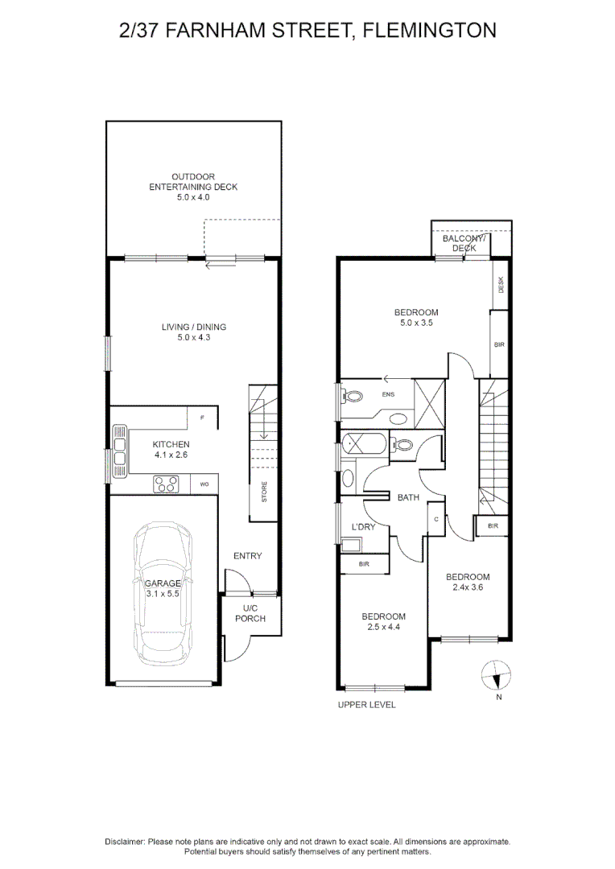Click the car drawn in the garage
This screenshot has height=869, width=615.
(x=163, y=588)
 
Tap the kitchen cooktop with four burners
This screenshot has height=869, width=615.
(x=166, y=484)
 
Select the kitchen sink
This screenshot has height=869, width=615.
(x=119, y=451)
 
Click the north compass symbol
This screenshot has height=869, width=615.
(x=495, y=676)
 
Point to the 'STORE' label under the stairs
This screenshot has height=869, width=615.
(x=264, y=492)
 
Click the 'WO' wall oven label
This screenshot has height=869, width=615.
(x=204, y=484)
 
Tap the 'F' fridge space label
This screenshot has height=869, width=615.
(x=202, y=418)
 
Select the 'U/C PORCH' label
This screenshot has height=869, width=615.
(x=250, y=613)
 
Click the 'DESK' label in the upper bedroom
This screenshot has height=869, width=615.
(x=501, y=285)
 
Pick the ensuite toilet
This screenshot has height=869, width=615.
(x=351, y=396)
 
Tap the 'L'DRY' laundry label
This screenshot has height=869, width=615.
(x=363, y=526)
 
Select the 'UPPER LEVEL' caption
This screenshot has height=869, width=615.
(x=366, y=704)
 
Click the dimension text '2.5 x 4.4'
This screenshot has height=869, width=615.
(x=383, y=627)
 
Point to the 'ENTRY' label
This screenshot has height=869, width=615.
(x=247, y=556)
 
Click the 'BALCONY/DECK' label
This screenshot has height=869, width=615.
(x=464, y=243)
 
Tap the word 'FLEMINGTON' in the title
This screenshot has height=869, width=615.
(x=429, y=30)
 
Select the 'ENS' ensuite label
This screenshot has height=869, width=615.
(x=388, y=394)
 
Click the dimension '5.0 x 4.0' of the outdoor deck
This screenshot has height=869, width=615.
(x=193, y=197)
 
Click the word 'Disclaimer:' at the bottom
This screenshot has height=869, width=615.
(x=125, y=842)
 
